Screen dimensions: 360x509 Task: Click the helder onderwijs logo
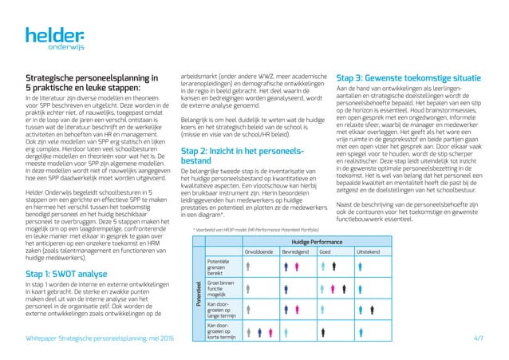[x=53, y=38]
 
